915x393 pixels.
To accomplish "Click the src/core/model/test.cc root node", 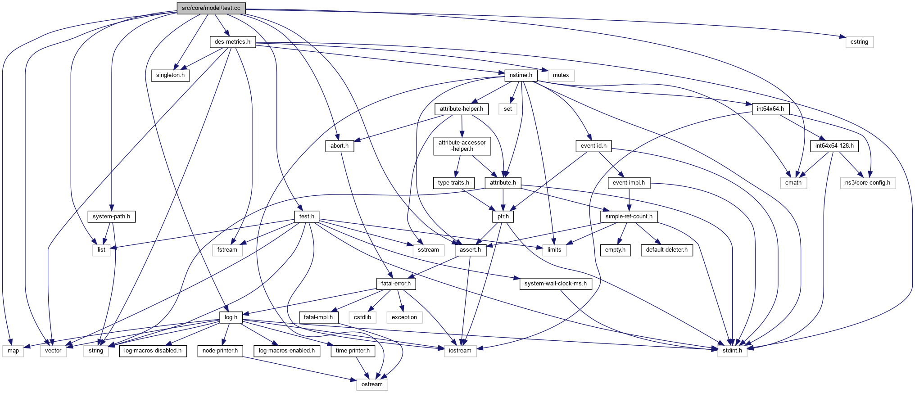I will pyautogui.click(x=211, y=8).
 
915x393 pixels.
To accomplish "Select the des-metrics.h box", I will pyautogui.click(x=232, y=42).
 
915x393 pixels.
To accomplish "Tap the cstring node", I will pyautogui.click(x=859, y=42).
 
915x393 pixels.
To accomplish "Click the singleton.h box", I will pyautogui.click(x=170, y=75).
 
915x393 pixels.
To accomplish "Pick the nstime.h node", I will pyautogui.click(x=521, y=75).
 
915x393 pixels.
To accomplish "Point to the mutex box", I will pyautogui.click(x=561, y=75).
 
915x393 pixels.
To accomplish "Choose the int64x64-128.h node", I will pyautogui.click(x=834, y=146).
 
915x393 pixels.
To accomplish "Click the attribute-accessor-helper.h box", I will pyautogui.click(x=462, y=146).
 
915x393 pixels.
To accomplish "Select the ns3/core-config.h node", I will pyautogui.click(x=867, y=183).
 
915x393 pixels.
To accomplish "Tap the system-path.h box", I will pyautogui.click(x=111, y=217).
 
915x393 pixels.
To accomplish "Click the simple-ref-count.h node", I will pyautogui.click(x=629, y=217).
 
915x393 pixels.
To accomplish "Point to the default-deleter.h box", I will pyautogui.click(x=666, y=250).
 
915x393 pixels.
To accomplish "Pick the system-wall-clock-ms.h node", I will pyautogui.click(x=555, y=284).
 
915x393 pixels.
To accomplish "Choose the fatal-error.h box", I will pyautogui.click(x=396, y=284).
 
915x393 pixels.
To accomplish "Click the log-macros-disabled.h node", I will pyautogui.click(x=153, y=351).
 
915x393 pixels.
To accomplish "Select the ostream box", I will pyautogui.click(x=372, y=384).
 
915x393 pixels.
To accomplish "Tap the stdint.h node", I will pyautogui.click(x=732, y=351).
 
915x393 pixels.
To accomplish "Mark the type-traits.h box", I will pyautogui.click(x=453, y=183).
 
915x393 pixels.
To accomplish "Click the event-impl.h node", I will pyautogui.click(x=629, y=183).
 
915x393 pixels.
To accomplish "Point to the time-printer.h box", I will pyautogui.click(x=353, y=351).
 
